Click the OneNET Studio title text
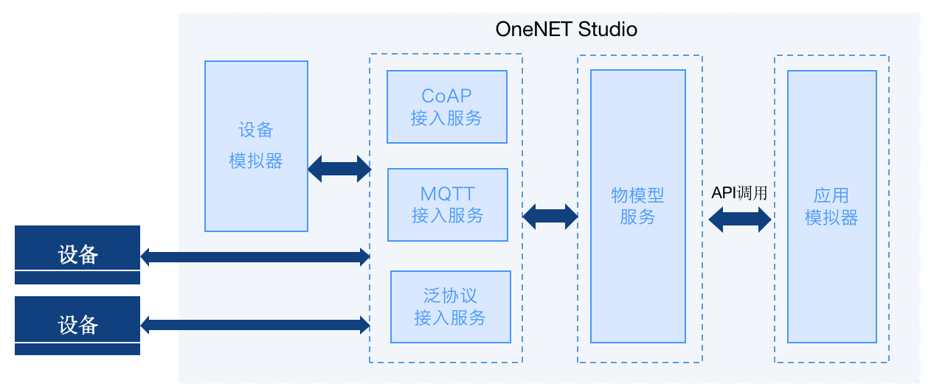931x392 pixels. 566,29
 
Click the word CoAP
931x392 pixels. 446,96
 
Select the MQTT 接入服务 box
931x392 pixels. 448,205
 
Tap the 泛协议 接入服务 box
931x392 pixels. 450,307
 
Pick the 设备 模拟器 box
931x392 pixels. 256,146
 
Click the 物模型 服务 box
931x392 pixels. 637,206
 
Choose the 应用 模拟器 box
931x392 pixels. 831,206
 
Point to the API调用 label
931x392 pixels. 739,194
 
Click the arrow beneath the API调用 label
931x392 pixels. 739,219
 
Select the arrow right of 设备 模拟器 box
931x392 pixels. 339,169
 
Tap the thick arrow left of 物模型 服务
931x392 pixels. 550,217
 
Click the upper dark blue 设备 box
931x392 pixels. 77,254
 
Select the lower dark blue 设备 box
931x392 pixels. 77,325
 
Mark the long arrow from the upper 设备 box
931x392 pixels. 255,256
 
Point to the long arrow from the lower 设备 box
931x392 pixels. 255,324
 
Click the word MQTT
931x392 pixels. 447,195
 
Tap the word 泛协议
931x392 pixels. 450,296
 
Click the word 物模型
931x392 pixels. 637,196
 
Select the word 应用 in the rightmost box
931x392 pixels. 831,196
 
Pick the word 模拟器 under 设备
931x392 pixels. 256,161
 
